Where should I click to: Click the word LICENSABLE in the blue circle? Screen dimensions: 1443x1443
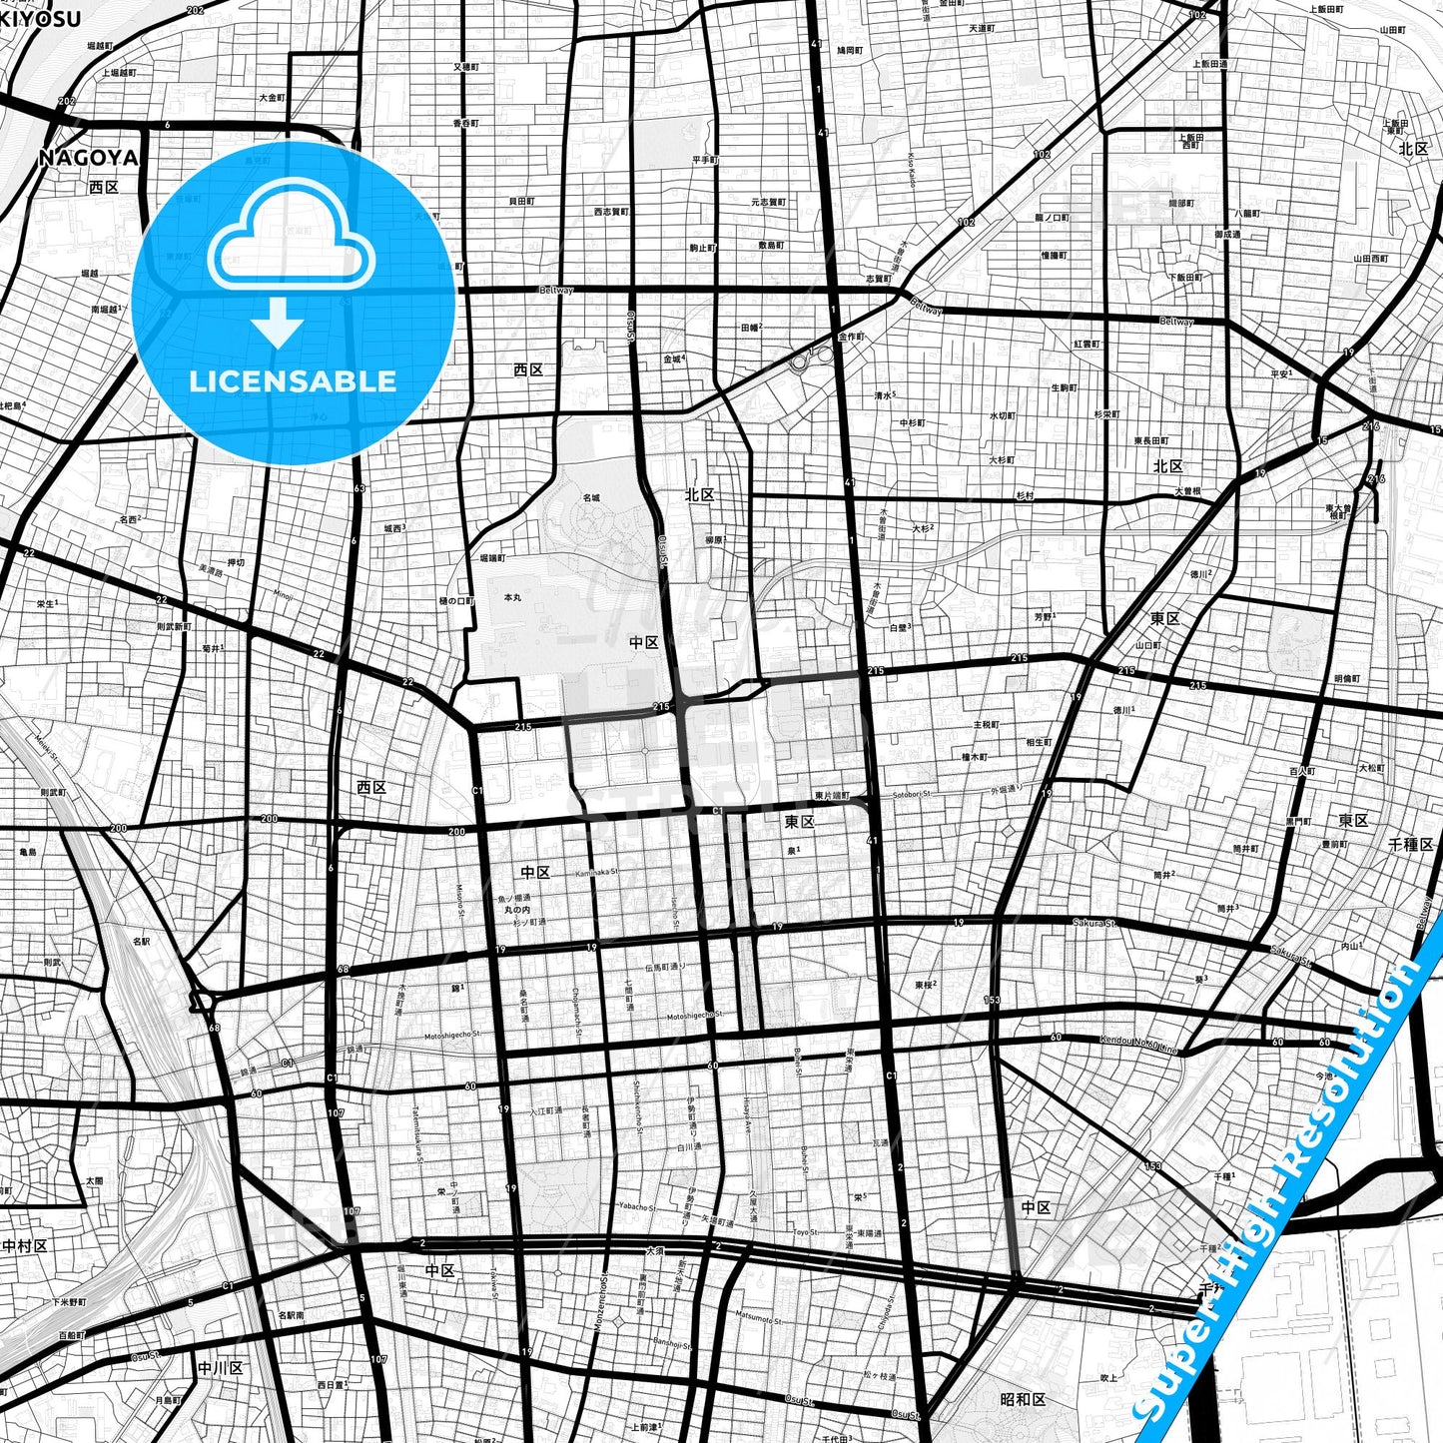293,380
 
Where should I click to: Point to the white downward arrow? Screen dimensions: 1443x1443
278,324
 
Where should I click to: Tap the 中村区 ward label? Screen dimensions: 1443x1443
25,1245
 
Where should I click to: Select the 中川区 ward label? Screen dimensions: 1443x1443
221,1367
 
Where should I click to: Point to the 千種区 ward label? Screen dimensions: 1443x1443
1410,844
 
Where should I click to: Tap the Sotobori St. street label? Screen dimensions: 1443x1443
912,794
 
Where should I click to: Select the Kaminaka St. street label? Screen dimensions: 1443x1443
597,872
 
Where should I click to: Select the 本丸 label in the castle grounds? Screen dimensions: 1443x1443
512,596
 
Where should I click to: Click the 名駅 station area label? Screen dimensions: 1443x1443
140,941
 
